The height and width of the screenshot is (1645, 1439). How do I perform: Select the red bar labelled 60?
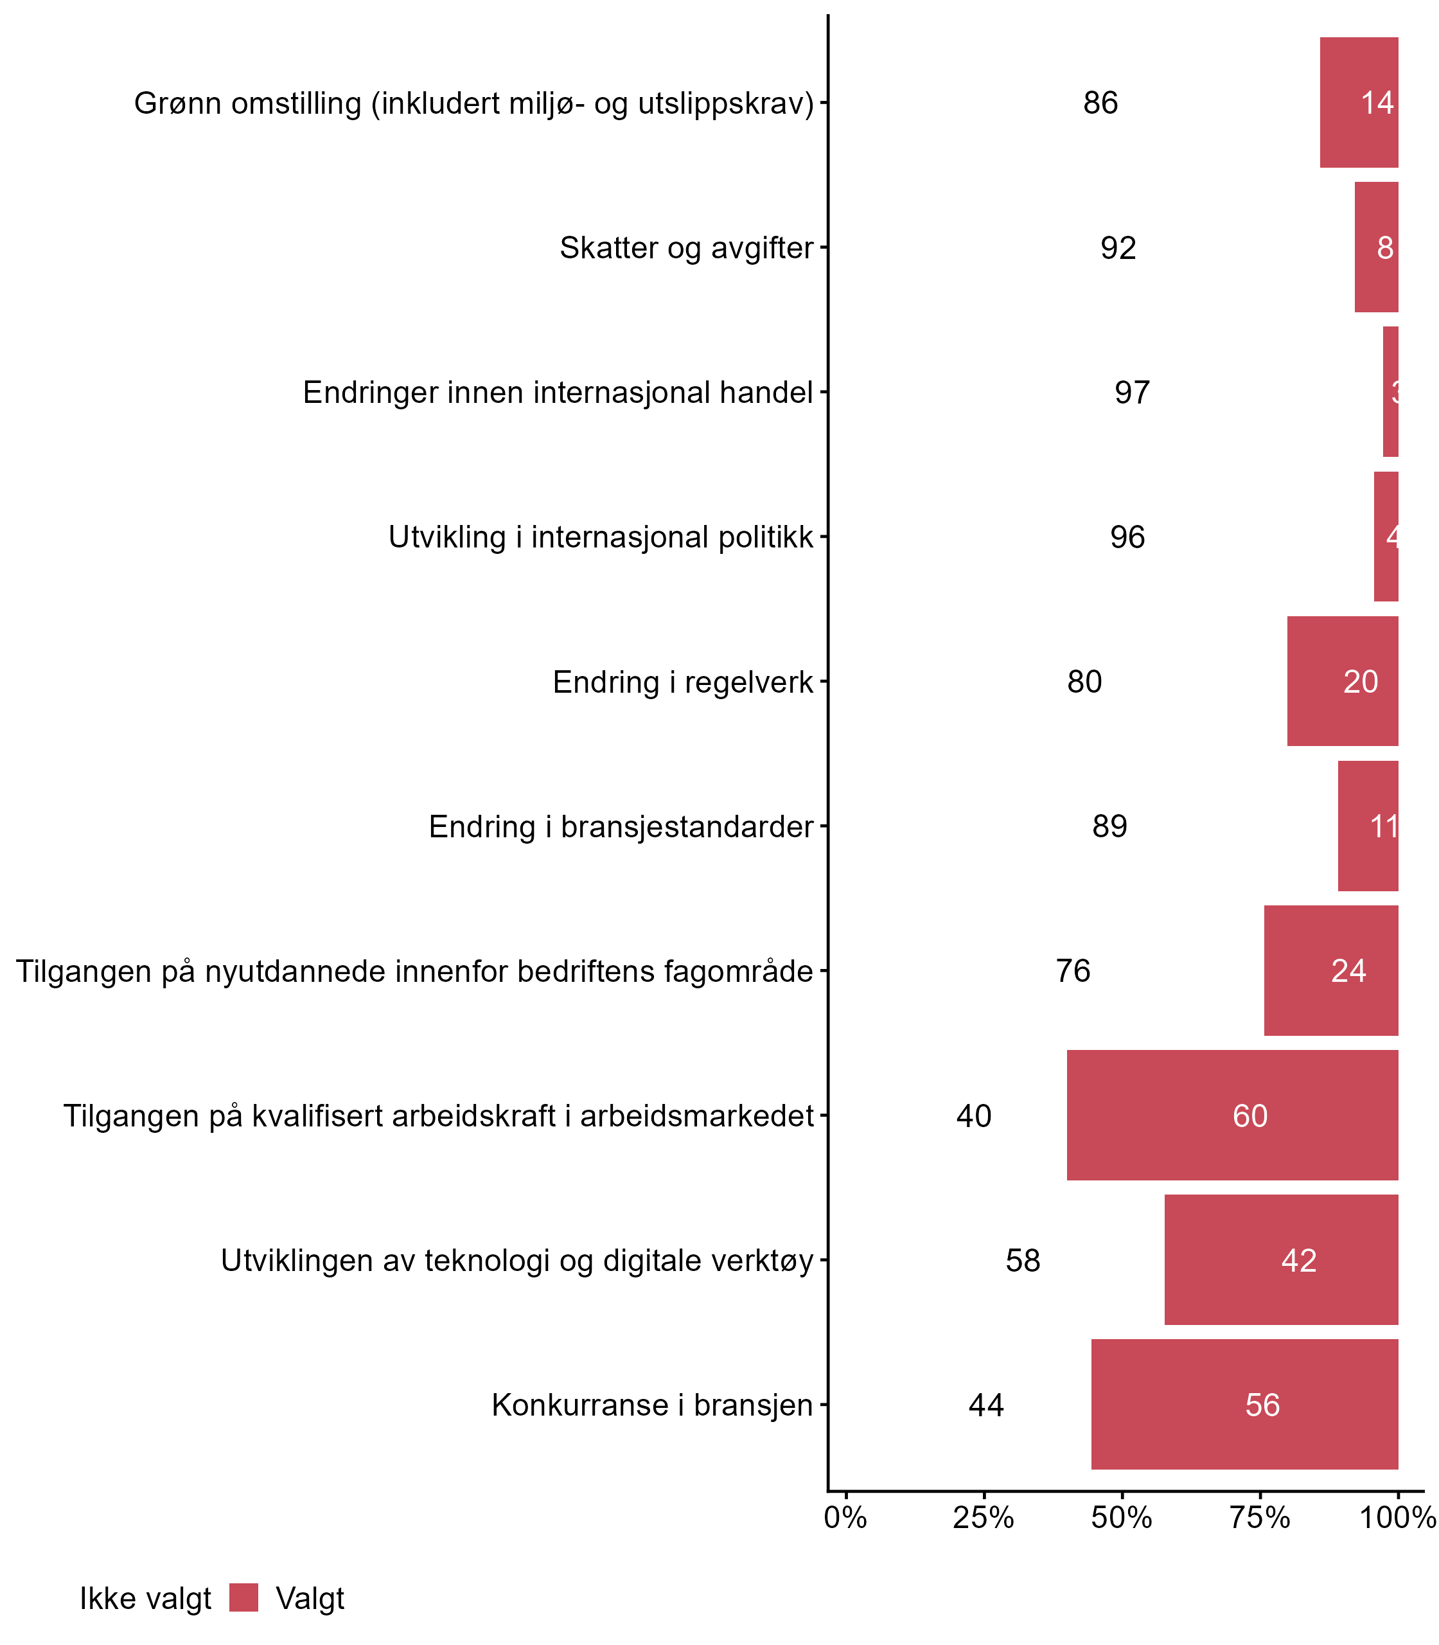pos(1233,1116)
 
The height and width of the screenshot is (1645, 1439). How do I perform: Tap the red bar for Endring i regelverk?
pos(1343,681)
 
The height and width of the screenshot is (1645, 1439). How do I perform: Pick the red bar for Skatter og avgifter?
pos(1376,247)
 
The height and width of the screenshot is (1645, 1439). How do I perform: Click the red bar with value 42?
pos(1282,1260)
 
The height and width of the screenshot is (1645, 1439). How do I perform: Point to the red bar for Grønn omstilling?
pos(1359,103)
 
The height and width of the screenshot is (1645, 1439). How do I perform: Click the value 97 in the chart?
pos(1132,393)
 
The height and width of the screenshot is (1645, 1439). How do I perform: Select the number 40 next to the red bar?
pos(974,1116)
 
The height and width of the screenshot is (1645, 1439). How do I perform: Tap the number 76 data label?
pos(1073,971)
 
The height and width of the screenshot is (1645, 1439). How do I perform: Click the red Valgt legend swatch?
pos(243,1597)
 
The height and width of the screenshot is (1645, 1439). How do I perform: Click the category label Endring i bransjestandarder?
pos(621,826)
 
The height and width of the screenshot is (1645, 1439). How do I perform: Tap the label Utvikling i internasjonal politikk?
pos(601,537)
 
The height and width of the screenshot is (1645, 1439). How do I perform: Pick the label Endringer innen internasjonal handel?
pos(558,393)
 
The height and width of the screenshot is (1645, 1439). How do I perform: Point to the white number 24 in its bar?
pos(1348,971)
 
